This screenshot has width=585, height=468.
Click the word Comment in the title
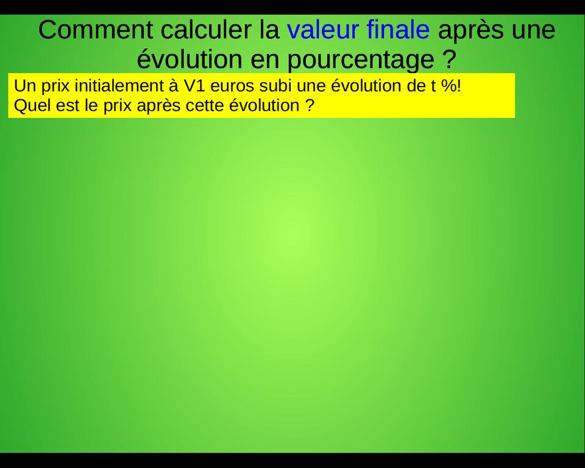coord(95,30)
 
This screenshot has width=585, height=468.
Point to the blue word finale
coord(398,30)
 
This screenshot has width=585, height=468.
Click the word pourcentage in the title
coord(361,60)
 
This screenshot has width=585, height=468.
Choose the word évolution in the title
coord(190,58)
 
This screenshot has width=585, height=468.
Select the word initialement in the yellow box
coord(116,86)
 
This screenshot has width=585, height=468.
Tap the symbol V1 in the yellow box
coord(193,86)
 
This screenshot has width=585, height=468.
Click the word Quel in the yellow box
coord(32,105)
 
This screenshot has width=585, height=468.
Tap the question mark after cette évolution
coord(310,105)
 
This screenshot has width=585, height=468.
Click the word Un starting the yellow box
coord(24,86)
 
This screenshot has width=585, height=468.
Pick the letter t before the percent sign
coord(433,86)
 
